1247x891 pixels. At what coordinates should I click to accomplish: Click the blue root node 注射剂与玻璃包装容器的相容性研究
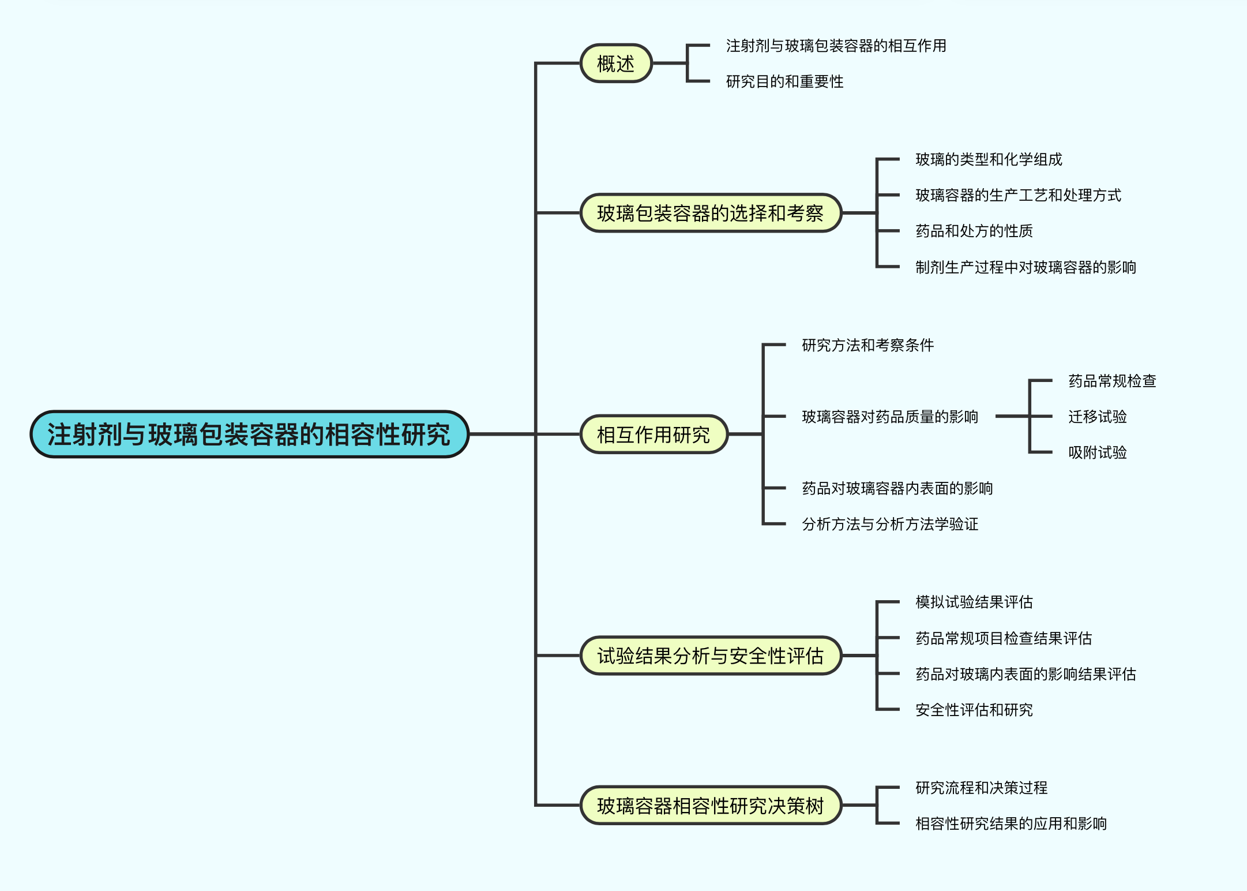coord(249,434)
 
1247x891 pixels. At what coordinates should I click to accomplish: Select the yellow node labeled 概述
coord(616,63)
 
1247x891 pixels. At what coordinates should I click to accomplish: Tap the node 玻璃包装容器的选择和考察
coord(710,213)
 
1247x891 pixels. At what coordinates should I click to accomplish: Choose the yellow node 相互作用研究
coord(653,434)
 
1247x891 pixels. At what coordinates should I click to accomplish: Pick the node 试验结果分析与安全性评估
coord(710,656)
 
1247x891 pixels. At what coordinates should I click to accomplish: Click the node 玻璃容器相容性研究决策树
coord(710,805)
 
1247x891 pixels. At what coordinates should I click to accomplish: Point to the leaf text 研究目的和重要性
coord(784,81)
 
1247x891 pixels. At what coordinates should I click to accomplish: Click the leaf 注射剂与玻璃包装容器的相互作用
coord(836,46)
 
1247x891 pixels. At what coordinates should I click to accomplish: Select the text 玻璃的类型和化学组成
coord(989,159)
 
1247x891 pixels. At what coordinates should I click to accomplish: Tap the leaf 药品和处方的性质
coord(974,231)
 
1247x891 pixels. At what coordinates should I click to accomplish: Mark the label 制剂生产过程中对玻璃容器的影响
coord(1026,267)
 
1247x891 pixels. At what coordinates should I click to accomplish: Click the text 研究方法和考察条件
coord(867,345)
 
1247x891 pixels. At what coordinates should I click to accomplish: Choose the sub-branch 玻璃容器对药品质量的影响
coord(890,417)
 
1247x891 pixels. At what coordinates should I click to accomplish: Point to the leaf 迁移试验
coord(1097,417)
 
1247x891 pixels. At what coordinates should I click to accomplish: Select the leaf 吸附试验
coord(1097,452)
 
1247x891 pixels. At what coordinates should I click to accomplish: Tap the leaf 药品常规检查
coord(1112,381)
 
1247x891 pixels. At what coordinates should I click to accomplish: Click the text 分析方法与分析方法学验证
coord(890,524)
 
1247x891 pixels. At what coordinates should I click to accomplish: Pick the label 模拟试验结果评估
coord(974,602)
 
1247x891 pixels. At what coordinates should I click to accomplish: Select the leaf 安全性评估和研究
coord(974,710)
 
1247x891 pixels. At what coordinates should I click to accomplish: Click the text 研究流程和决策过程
coord(981,788)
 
